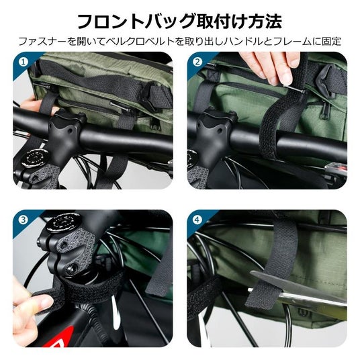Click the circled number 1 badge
[24, 62]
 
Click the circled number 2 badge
[197, 62]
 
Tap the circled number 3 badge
[24, 220]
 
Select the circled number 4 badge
[197, 220]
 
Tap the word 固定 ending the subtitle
[332, 42]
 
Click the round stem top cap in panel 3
[62, 222]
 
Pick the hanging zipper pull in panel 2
[324, 113]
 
